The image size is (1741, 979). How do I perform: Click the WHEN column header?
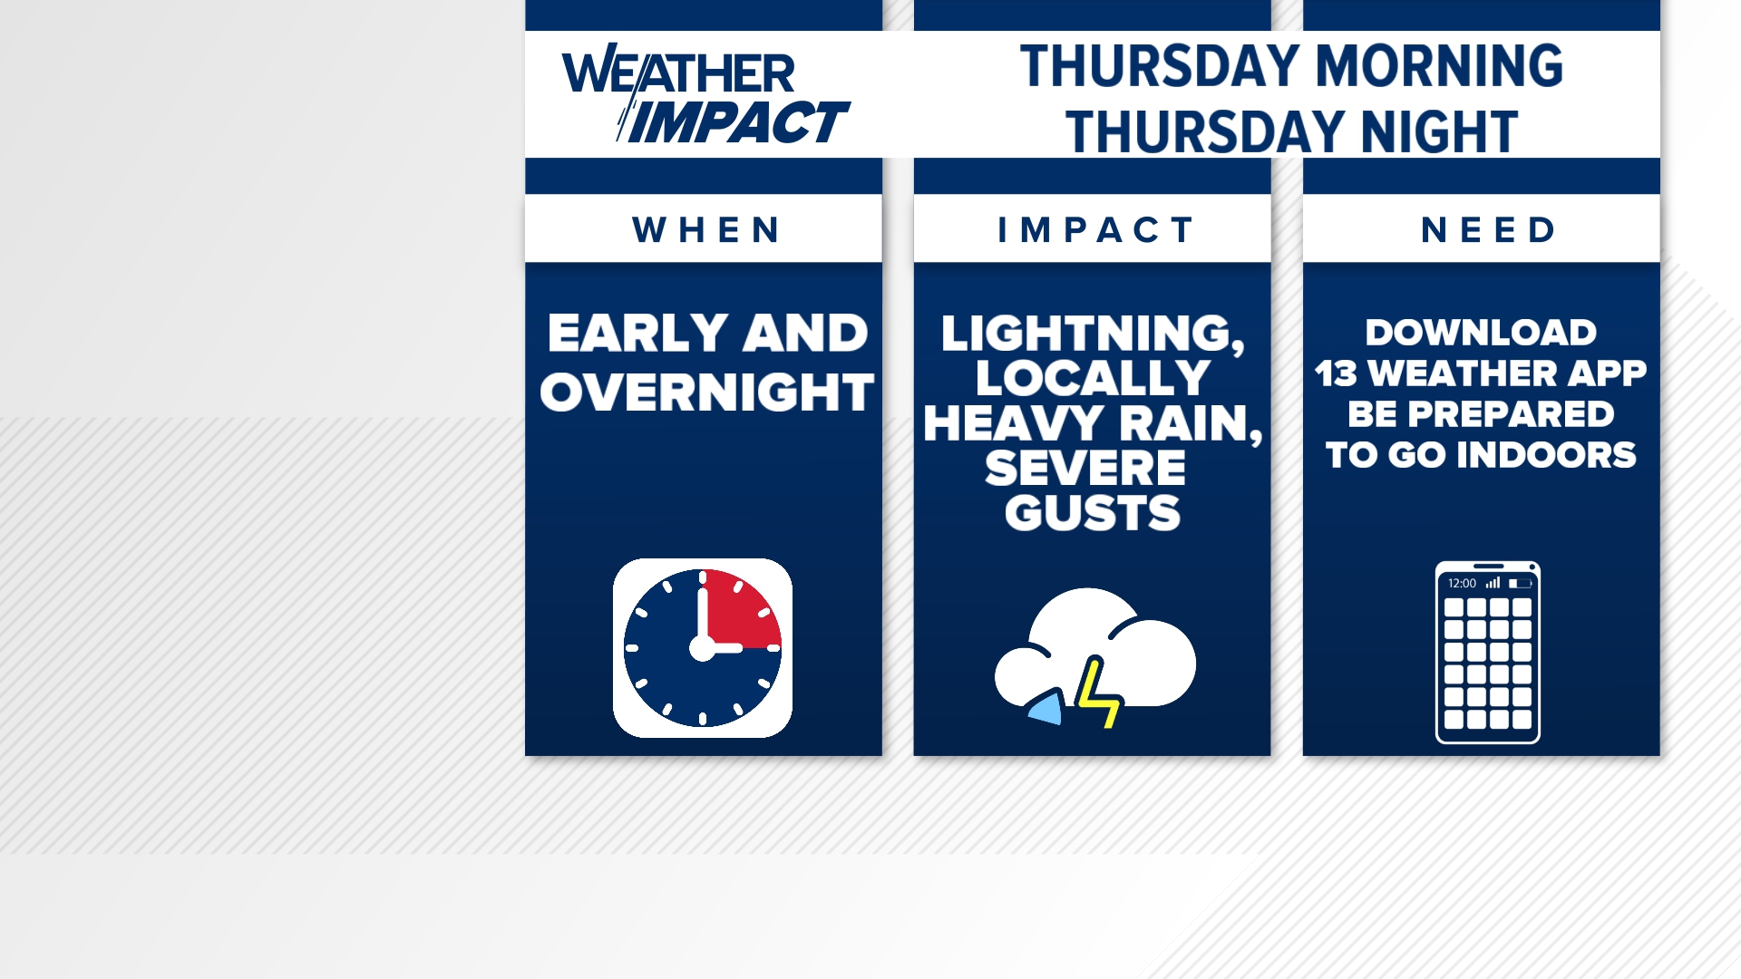point(706,230)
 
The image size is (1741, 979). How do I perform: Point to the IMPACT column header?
point(1095,230)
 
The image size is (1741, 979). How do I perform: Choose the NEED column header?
point(1488,230)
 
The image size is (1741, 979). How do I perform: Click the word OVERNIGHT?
point(706,393)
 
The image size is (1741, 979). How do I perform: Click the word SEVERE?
point(1085,469)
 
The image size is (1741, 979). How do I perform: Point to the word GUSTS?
point(1092,513)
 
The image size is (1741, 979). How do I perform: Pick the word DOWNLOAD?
point(1481,333)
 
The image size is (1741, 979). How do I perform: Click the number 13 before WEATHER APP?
point(1336,373)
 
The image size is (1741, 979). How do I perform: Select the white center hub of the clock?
point(702,648)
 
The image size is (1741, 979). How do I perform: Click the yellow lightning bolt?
point(1097,694)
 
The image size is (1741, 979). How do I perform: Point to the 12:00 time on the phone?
point(1462,584)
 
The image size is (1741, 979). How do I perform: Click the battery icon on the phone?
point(1521,584)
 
